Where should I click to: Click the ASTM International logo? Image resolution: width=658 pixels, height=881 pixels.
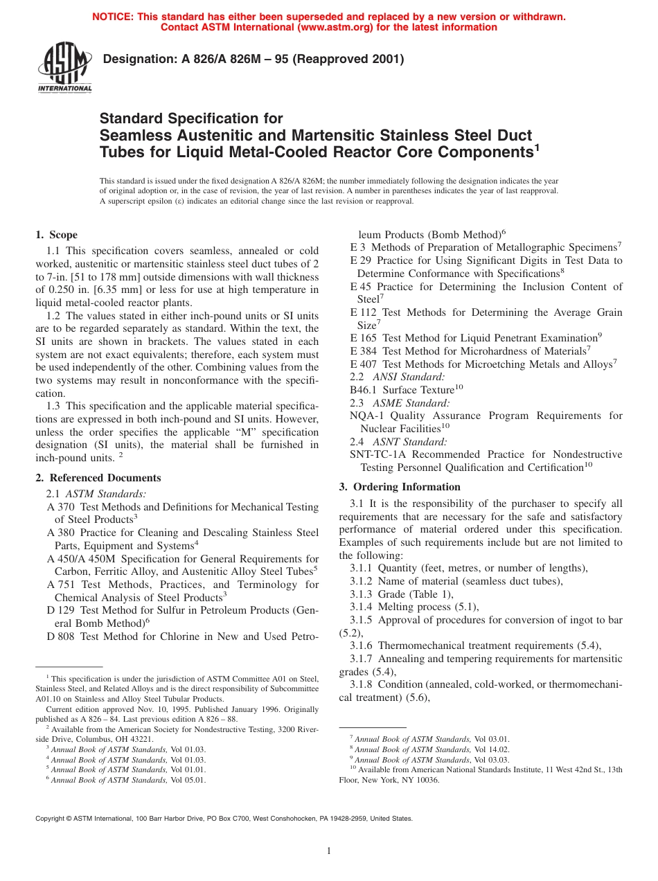pos(64,68)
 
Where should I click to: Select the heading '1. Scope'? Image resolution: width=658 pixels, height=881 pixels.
pos(57,235)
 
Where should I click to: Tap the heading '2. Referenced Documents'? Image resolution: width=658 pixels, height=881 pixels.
pos(98,478)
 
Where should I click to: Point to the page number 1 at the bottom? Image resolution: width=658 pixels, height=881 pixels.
pos(329,851)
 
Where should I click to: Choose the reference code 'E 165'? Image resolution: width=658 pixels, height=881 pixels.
pos(364,338)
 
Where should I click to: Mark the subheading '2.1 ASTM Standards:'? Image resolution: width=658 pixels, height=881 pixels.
pos(96,494)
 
